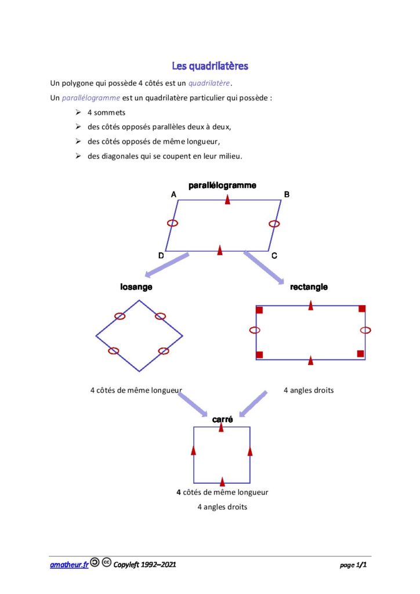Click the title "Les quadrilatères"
[x=210, y=66]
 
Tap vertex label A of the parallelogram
[x=173, y=194]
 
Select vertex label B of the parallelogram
[x=287, y=194]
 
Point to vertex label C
[x=274, y=256]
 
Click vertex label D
[x=161, y=256]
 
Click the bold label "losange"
[x=136, y=287]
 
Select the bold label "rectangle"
[x=309, y=287]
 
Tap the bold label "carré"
[x=222, y=419]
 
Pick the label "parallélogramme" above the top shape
[x=222, y=185]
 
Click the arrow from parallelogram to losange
[x=166, y=265]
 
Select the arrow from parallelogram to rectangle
[x=264, y=267]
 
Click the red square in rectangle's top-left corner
[x=259, y=310]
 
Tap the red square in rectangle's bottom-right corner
[x=361, y=354]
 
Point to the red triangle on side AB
[x=227, y=200]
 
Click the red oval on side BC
[x=274, y=224]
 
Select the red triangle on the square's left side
[x=194, y=450]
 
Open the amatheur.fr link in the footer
[x=69, y=565]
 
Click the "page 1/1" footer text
[x=353, y=565]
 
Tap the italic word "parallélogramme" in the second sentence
[x=91, y=97]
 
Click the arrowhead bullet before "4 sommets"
[x=78, y=112]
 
